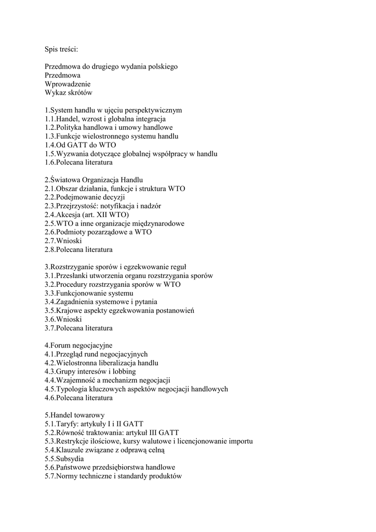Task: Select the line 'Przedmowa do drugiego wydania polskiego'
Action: coord(111,67)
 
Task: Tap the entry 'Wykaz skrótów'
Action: coord(68,93)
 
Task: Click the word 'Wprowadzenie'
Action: coord(68,84)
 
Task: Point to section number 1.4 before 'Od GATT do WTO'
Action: coord(50,145)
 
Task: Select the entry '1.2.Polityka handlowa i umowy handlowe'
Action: coord(109,128)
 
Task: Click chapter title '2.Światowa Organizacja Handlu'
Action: coord(93,180)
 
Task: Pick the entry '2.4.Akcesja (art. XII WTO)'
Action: coord(87,215)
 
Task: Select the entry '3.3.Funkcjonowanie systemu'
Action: coord(89,293)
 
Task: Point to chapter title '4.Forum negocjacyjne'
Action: coord(78,345)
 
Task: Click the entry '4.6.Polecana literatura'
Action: coord(78,398)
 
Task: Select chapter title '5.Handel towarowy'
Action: coord(74,415)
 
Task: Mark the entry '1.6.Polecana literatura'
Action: coord(78,163)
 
